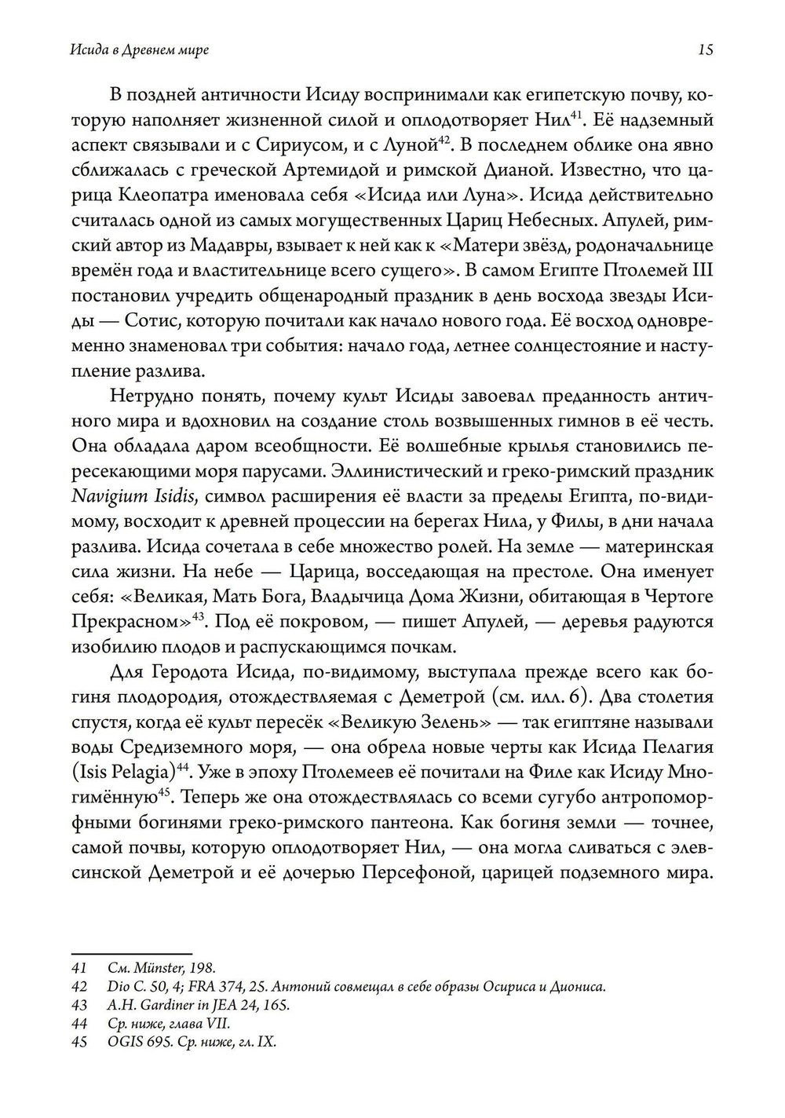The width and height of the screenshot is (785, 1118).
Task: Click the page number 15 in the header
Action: [x=705, y=50]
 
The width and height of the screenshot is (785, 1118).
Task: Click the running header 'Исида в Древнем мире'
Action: [x=139, y=50]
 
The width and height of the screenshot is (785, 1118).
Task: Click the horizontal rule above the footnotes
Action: [x=131, y=952]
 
